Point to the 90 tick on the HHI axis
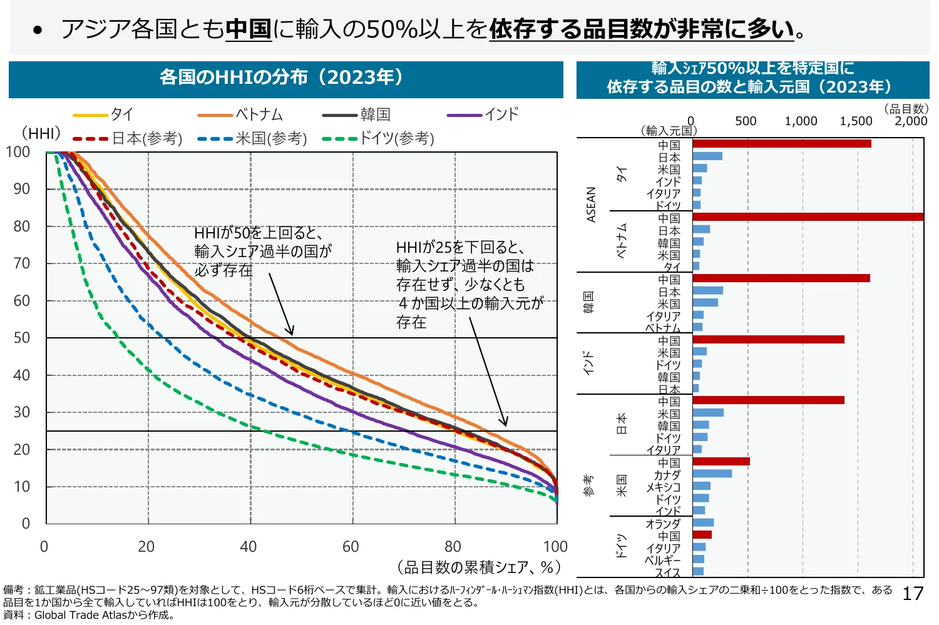[22, 189]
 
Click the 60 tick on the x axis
[351, 547]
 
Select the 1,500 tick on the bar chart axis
[855, 121]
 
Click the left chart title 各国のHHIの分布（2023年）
[285, 78]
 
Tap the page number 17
[913, 594]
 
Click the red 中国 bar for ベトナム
[808, 217]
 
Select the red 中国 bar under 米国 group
[721, 462]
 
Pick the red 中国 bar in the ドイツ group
[702, 535]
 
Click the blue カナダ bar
[712, 474]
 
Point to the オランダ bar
[703, 522]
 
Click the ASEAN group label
[591, 205]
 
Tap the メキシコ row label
[663, 487]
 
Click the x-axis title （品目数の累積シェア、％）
[478, 567]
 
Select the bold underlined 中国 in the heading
[249, 29]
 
